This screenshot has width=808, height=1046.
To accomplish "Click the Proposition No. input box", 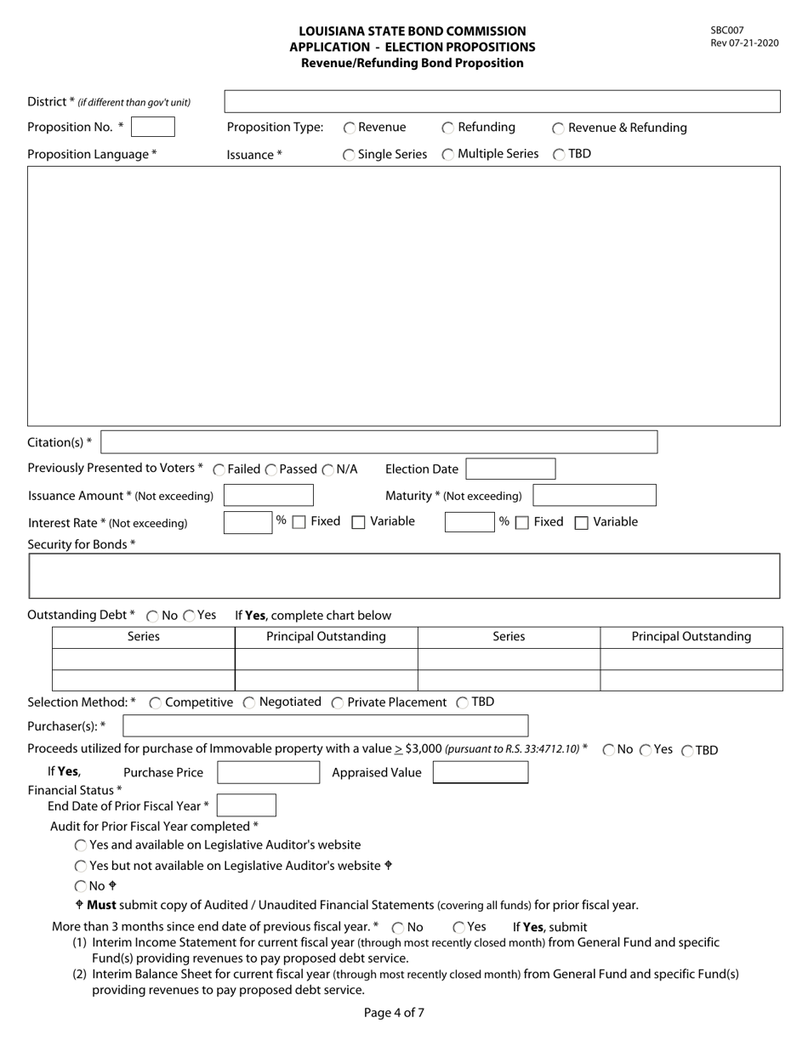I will click(153, 127).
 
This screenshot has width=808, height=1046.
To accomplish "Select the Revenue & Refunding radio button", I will click(558, 128).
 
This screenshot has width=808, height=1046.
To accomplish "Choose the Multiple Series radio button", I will click(447, 155).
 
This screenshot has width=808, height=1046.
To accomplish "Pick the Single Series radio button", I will click(349, 155).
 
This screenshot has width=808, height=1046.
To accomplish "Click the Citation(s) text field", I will click(378, 442).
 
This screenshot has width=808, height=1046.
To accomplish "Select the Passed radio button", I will click(271, 469).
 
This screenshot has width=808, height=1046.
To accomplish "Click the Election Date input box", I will click(510, 469).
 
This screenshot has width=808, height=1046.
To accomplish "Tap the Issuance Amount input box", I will click(268, 495).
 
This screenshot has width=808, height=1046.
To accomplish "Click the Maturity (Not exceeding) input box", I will click(595, 495).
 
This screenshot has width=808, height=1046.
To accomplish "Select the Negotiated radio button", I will click(249, 702).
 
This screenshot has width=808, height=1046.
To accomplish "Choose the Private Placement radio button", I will click(338, 702).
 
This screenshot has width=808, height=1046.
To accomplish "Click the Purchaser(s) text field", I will click(325, 725).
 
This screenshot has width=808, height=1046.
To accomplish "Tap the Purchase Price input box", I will click(268, 772).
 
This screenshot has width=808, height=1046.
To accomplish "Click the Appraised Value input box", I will click(481, 772).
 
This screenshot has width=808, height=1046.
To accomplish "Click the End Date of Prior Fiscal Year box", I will click(247, 805).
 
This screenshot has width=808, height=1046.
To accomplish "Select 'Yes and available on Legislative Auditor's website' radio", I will click(81, 845).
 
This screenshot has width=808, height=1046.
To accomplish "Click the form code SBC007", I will click(727, 31).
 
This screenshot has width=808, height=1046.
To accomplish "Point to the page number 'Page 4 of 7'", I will click(394, 1013).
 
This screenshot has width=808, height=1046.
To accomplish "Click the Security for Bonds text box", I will click(404, 576).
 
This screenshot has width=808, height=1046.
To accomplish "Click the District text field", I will click(502, 102).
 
